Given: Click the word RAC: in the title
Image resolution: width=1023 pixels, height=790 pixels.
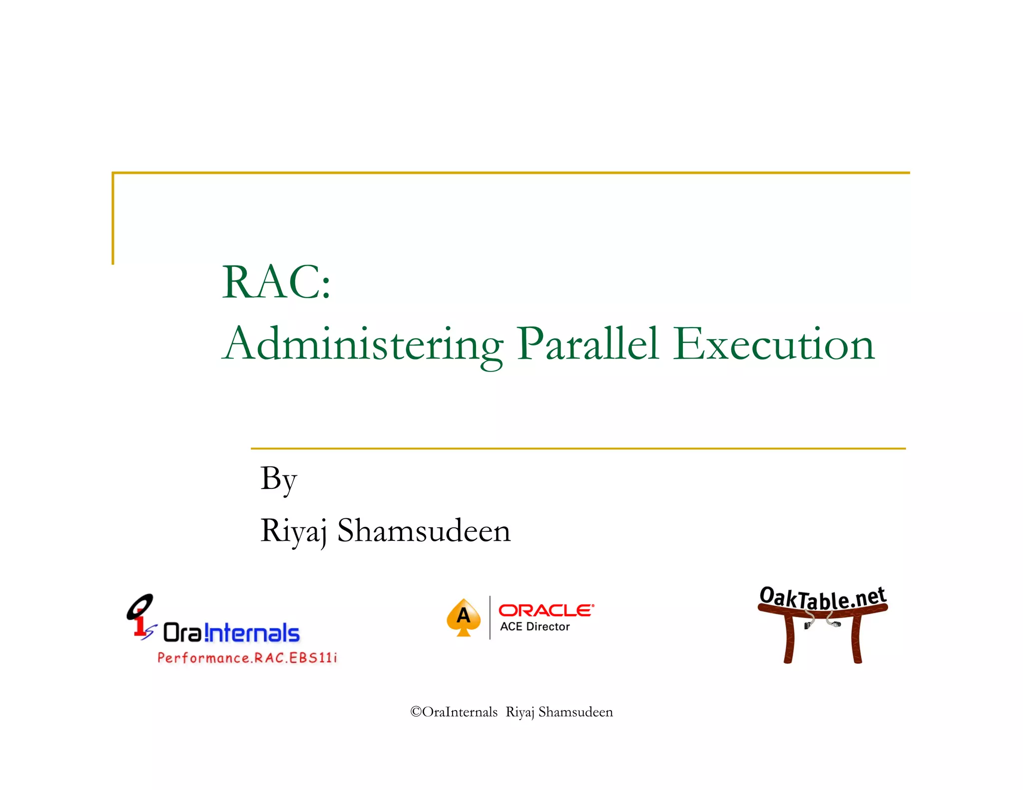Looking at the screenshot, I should tap(276, 283).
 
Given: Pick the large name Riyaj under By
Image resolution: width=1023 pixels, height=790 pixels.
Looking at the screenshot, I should tap(293, 531).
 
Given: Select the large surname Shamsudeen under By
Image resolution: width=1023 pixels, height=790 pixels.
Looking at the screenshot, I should tap(424, 530).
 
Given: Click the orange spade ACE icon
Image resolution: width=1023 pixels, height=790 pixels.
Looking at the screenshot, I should tap(464, 617).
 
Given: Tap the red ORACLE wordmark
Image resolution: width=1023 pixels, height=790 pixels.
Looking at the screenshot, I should tap(546, 610).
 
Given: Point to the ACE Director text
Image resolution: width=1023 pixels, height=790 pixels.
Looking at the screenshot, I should tap(535, 627).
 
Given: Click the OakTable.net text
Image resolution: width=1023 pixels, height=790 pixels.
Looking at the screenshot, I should tap(822, 598).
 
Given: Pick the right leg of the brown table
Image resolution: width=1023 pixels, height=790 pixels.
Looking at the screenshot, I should tap(857, 639).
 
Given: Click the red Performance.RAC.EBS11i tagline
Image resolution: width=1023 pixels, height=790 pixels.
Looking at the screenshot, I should tap(247, 658).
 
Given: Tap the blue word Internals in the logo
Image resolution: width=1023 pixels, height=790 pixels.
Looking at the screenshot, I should tap(252, 633).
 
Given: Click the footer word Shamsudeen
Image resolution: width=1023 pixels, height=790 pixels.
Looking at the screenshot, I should tap(575, 712).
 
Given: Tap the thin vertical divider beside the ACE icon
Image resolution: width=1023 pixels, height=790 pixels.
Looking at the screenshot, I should tap(490, 618).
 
